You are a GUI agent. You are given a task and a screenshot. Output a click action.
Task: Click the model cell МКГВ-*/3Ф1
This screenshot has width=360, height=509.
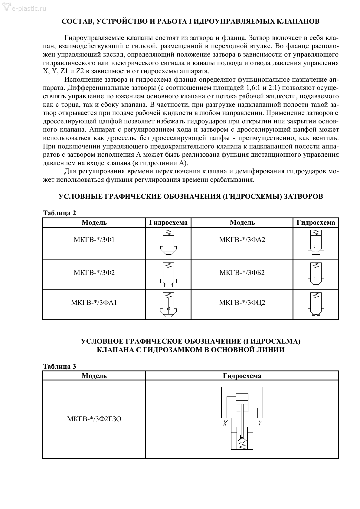[x=94, y=240]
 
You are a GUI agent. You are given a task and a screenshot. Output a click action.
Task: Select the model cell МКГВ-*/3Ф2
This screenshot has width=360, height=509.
[x=94, y=273]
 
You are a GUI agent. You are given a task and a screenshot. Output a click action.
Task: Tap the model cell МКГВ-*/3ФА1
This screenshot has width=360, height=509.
[x=94, y=302]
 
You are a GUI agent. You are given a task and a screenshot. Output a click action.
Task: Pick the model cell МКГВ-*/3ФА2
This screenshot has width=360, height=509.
[x=242, y=240]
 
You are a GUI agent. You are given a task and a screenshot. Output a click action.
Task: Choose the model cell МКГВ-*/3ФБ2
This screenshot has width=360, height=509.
[x=242, y=273]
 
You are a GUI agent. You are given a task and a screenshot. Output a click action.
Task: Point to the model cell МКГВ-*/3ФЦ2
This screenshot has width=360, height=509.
[x=242, y=302]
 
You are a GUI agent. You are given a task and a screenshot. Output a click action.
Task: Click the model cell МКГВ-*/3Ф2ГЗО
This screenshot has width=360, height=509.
[x=94, y=419]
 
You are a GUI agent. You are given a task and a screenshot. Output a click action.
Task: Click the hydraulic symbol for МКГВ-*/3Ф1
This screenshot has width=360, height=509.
[x=168, y=241]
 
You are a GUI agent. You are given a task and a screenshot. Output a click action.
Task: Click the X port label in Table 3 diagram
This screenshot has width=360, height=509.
[x=225, y=423]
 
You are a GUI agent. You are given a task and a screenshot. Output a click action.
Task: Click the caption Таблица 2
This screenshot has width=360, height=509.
[x=60, y=213]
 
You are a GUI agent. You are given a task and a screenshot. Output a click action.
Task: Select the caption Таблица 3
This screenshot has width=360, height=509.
[x=60, y=366]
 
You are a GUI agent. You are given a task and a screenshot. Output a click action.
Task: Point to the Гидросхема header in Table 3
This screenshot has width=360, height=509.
[x=242, y=376]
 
